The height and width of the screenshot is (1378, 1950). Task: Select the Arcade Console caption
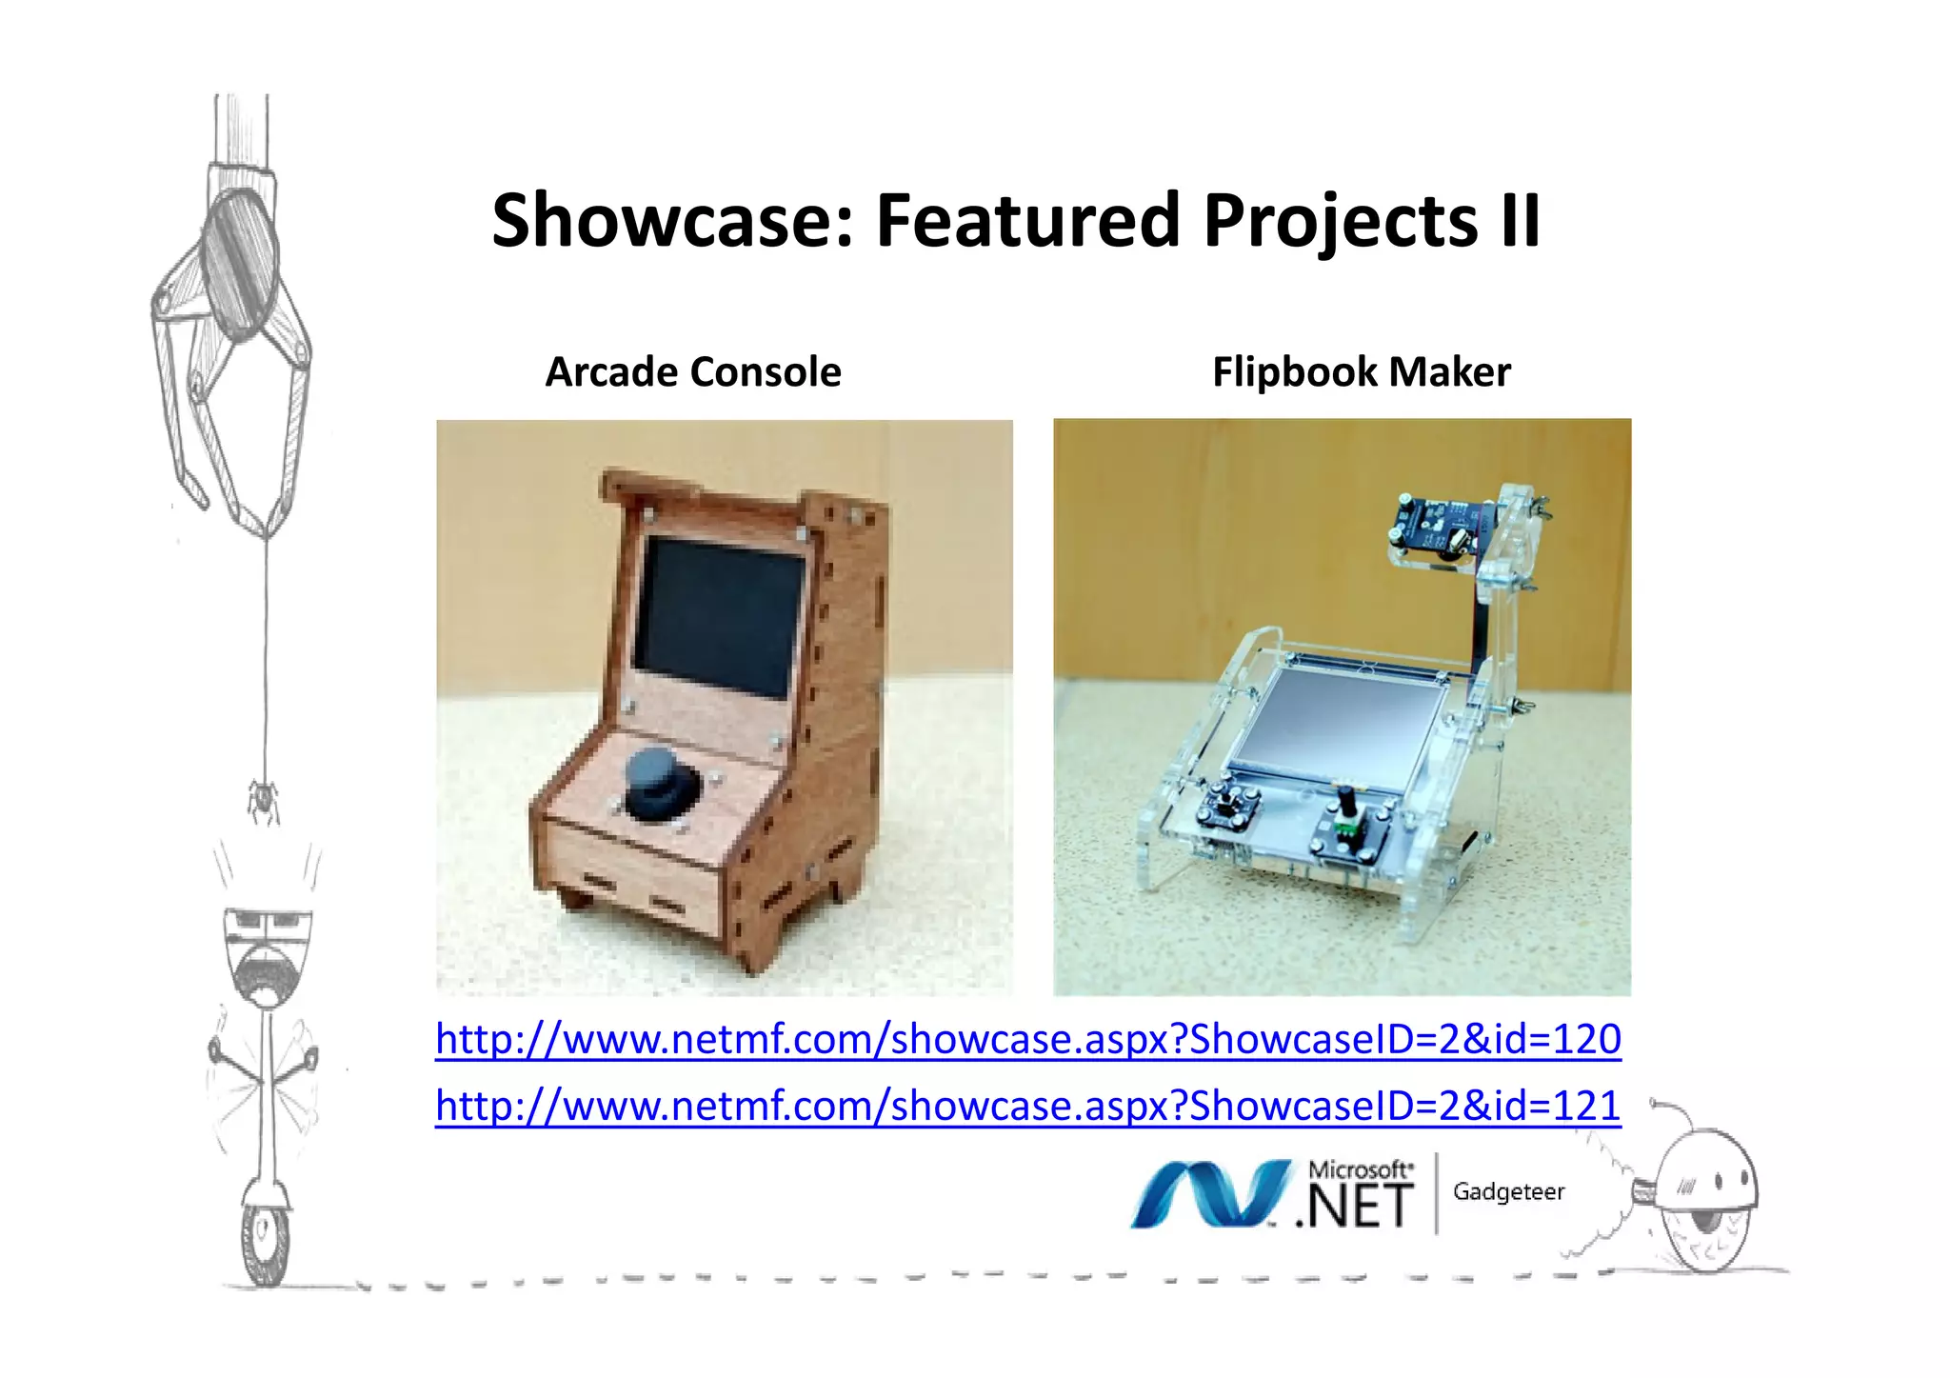coord(693,372)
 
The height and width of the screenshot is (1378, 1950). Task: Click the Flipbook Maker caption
coord(1361,372)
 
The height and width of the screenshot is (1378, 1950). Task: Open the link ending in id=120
coord(1027,1039)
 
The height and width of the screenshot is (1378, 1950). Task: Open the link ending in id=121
coord(1027,1106)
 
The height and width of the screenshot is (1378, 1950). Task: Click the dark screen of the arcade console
coord(719,614)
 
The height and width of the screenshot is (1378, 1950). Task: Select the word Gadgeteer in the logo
coord(1508,1192)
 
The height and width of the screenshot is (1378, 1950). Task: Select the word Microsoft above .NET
coord(1360,1168)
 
